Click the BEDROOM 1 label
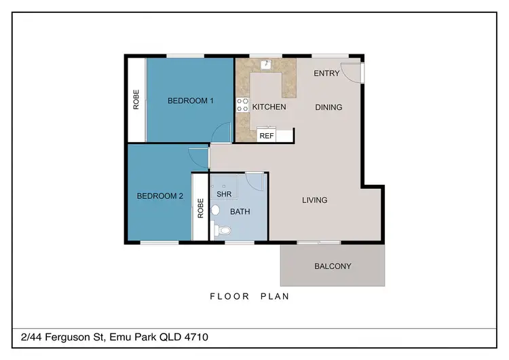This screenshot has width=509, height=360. pyautogui.click(x=191, y=101)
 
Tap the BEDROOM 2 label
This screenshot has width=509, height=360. pyautogui.click(x=160, y=196)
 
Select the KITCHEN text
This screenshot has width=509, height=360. pyautogui.click(x=269, y=107)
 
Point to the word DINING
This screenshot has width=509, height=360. pyautogui.click(x=328, y=107)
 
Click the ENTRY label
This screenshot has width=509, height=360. pyautogui.click(x=326, y=73)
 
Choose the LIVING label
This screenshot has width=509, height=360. pyautogui.click(x=314, y=200)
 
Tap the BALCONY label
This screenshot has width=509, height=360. pyautogui.click(x=333, y=266)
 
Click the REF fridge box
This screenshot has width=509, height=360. pyautogui.click(x=266, y=136)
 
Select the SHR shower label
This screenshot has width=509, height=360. pyautogui.click(x=225, y=194)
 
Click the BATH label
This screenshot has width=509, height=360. pyautogui.click(x=240, y=212)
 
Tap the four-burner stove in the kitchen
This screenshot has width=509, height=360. pyautogui.click(x=242, y=105)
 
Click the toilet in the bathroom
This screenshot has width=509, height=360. pyautogui.click(x=223, y=231)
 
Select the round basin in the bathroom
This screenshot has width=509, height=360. pyautogui.click(x=215, y=210)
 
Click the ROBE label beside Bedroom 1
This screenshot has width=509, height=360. pyautogui.click(x=136, y=101)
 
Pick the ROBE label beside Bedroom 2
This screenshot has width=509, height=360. pyautogui.click(x=200, y=208)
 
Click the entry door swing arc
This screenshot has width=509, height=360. pyautogui.click(x=352, y=71)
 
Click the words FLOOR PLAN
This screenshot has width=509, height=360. pyautogui.click(x=250, y=296)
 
